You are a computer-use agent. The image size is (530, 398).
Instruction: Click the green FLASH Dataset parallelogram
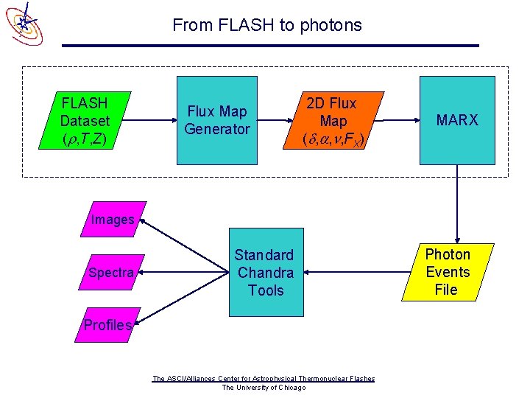[85, 121]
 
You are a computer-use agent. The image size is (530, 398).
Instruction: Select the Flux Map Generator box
[217, 121]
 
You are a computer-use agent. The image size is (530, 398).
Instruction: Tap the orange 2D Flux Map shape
[333, 121]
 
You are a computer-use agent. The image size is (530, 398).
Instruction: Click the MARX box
[457, 121]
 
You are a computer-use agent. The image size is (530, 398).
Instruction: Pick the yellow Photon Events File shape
[447, 272]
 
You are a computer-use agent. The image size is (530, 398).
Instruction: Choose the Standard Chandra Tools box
[265, 273]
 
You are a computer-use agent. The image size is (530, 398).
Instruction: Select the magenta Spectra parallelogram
[110, 273]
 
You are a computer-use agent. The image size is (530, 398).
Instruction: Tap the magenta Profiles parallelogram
[108, 325]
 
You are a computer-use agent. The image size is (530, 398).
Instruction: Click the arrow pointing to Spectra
[184, 273]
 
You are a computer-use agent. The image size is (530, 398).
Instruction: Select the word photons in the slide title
[331, 25]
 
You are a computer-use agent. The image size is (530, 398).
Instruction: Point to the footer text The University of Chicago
[264, 388]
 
